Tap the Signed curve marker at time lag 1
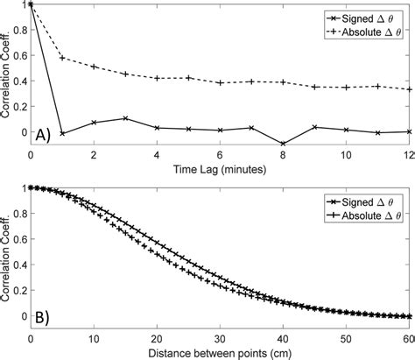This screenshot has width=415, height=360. pos(62,133)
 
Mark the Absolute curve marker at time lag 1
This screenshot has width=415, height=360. pos(62,58)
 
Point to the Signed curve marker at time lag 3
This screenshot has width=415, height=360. pos(125,118)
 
